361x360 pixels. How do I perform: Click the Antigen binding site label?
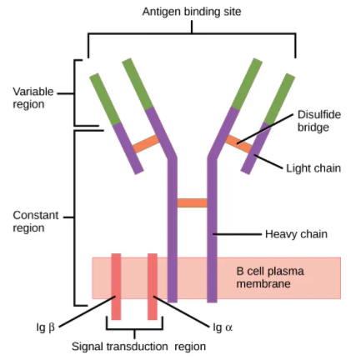click(x=192, y=12)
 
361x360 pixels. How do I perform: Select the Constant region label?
click(x=36, y=222)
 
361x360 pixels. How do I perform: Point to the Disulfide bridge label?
click(x=319, y=121)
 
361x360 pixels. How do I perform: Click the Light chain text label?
click(x=313, y=168)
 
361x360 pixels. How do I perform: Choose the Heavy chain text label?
click(x=296, y=234)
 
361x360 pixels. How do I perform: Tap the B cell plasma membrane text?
click(x=270, y=277)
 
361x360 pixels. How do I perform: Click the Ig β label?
click(x=46, y=327)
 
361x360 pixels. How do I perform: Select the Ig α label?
click(x=223, y=327)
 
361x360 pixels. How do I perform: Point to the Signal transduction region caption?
click(x=138, y=347)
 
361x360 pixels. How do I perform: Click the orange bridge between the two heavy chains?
click(x=192, y=202)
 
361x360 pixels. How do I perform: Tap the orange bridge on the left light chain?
click(x=146, y=144)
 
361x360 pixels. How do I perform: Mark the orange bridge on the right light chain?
click(x=238, y=144)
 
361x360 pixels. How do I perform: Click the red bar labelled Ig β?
click(x=116, y=287)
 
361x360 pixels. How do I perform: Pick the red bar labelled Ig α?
click(x=153, y=287)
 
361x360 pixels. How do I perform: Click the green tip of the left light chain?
click(x=105, y=99)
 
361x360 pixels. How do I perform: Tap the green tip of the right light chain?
click(x=279, y=99)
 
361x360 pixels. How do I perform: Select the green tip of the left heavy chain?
click(x=138, y=84)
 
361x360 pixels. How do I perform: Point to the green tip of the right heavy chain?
click(x=247, y=84)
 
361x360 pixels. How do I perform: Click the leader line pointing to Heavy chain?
click(x=237, y=234)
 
